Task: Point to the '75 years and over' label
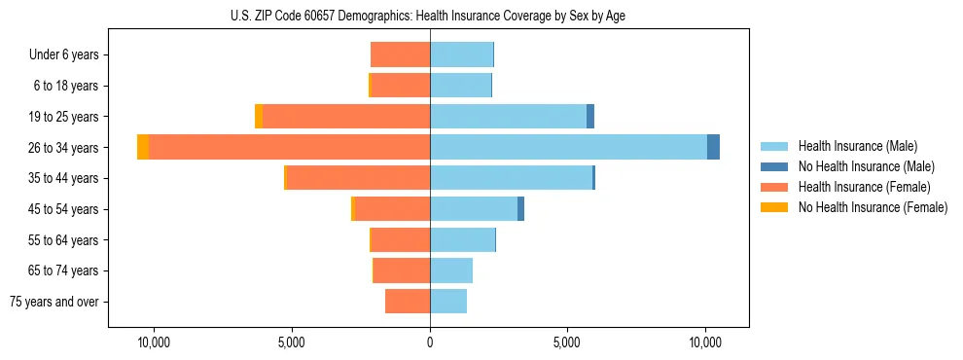point(54,302)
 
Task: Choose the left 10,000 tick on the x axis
point(154,342)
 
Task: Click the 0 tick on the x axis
point(430,342)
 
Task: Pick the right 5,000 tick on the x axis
point(567,342)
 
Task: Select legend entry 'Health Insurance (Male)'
point(857,146)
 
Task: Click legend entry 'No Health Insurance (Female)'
point(873,207)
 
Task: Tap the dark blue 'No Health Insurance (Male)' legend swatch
point(775,166)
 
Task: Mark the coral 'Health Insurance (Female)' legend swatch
point(775,187)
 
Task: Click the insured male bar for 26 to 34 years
point(568,147)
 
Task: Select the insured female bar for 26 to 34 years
point(290,147)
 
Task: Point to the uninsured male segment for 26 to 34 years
point(713,147)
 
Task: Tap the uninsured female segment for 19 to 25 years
point(259,116)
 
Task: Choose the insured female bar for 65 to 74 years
point(402,270)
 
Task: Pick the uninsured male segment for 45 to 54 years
point(520,208)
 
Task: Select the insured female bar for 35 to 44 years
point(359,178)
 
